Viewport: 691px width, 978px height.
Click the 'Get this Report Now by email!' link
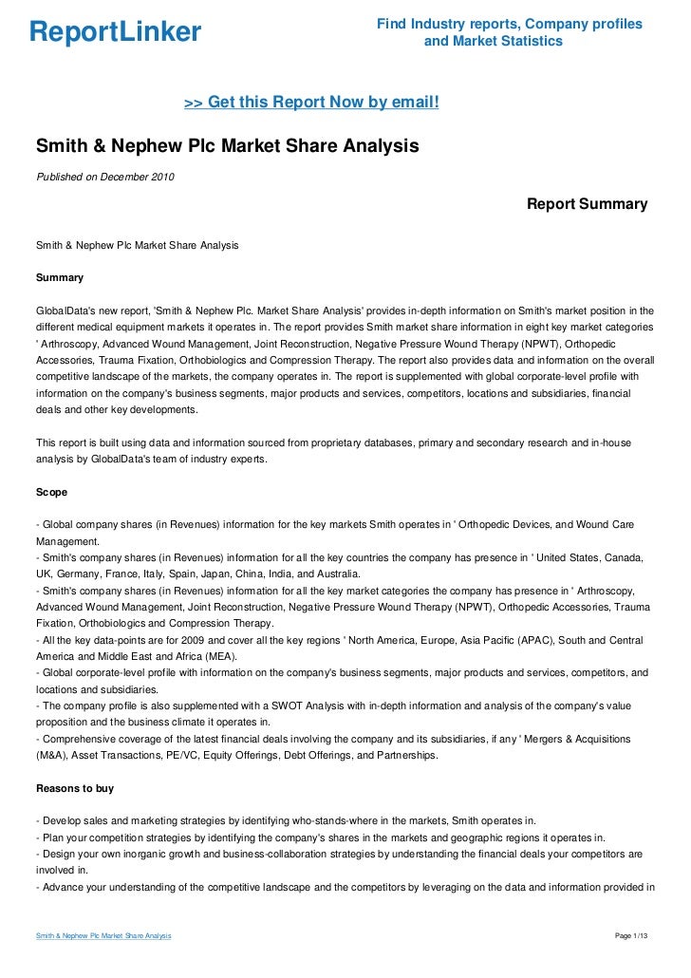point(311,102)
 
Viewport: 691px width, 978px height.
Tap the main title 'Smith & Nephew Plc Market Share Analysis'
point(227,147)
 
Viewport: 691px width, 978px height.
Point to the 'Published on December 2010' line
point(104,178)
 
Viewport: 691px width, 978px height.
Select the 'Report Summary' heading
point(587,204)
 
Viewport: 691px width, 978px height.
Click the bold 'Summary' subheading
point(59,278)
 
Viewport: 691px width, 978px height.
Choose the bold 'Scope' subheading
point(51,493)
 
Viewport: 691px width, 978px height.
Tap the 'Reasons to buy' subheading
point(74,788)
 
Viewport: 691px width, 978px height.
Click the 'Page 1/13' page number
point(631,936)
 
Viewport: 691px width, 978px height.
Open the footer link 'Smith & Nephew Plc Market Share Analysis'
point(103,936)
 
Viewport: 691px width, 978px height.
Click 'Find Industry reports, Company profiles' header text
point(510,24)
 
